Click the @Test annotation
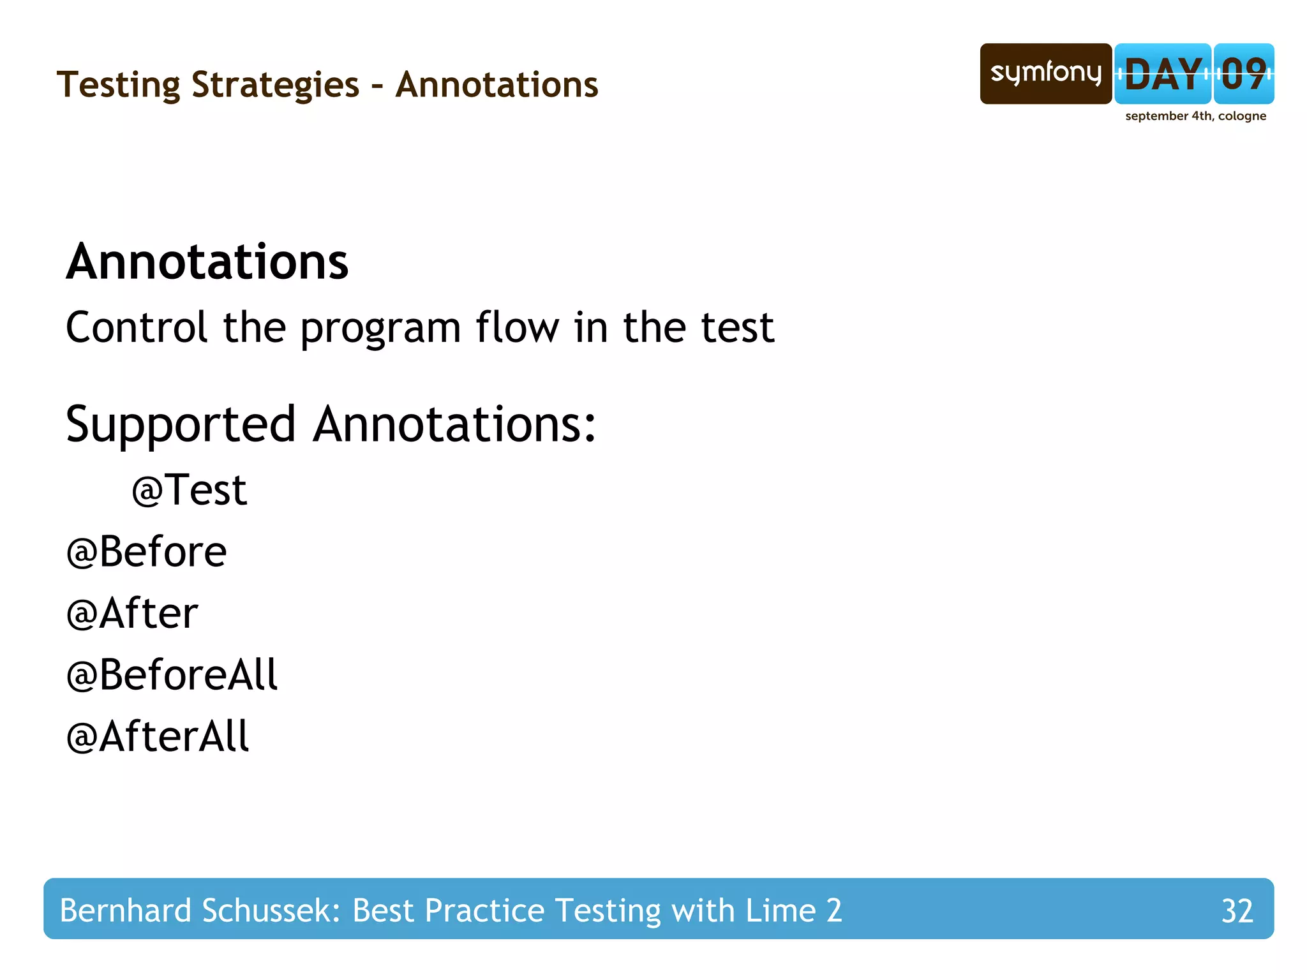189,490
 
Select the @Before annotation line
146,552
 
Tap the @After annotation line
132,613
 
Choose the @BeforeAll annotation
172,675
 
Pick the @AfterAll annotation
157,737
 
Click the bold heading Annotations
207,262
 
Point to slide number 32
1237,910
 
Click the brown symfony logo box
1045,73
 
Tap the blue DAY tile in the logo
1162,73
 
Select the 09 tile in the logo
1244,73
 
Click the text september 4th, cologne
1195,116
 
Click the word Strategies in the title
275,85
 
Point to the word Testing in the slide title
119,85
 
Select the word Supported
181,424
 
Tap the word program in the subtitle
380,329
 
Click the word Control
137,327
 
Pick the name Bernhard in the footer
125,910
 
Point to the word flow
517,327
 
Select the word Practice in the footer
484,910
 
